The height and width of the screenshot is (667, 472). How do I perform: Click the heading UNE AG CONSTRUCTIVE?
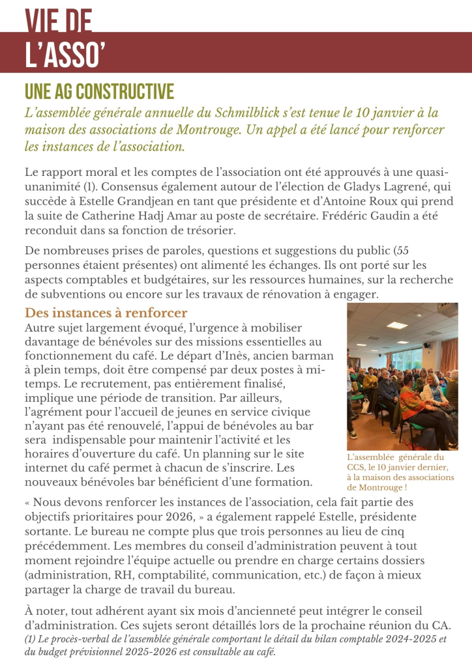pos(99,91)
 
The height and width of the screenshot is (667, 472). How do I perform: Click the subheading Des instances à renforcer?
pos(106,313)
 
